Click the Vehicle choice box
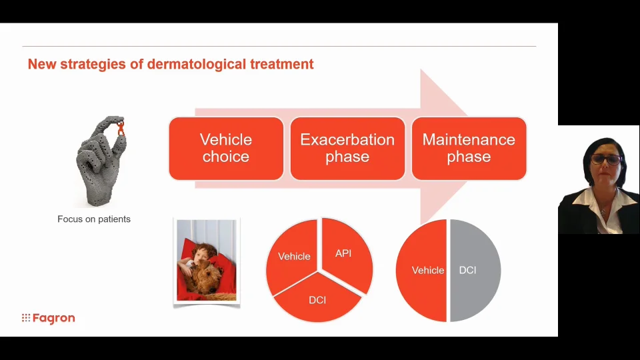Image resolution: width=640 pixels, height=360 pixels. tap(226, 149)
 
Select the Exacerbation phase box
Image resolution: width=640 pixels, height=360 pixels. tap(347, 149)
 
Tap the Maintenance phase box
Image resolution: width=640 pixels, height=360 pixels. tap(469, 149)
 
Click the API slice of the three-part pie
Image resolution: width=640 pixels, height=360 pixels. tap(346, 254)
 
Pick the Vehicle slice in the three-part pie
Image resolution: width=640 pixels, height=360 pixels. tap(293, 256)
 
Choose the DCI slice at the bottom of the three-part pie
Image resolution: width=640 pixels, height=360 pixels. tap(317, 299)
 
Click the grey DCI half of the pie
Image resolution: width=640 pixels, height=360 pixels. tap(473, 270)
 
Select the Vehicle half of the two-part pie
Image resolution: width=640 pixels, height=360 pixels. tap(423, 270)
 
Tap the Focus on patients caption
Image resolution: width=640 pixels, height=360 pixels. tap(94, 219)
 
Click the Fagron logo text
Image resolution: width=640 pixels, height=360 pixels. tap(53, 318)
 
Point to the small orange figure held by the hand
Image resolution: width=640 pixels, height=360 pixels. tap(121, 127)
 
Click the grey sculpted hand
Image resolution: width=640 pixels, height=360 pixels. tap(101, 161)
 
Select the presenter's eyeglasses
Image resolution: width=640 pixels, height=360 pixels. tap(607, 159)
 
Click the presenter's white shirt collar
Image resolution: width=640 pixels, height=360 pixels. tap(599, 201)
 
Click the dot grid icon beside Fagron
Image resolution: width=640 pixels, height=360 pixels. tap(26, 317)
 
